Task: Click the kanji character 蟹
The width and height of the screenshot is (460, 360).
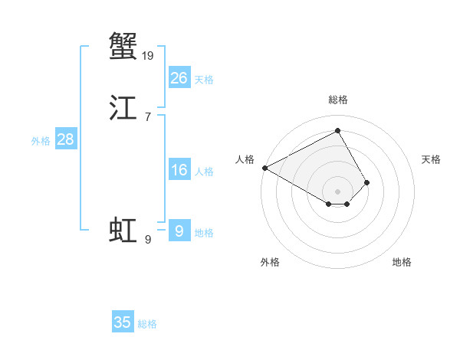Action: [123, 45]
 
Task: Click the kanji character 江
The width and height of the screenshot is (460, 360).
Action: [123, 109]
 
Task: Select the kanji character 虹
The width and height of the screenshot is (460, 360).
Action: [123, 231]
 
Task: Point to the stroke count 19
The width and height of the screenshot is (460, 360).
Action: [149, 55]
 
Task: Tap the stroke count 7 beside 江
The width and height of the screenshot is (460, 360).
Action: [148, 117]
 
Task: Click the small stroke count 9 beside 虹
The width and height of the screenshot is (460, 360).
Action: [148, 240]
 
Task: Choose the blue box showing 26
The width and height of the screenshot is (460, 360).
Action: [179, 77]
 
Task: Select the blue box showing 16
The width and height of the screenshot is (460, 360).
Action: [179, 170]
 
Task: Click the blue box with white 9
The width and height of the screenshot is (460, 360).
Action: [179, 231]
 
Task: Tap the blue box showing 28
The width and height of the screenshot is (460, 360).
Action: [65, 139]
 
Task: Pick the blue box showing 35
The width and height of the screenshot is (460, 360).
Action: [123, 322]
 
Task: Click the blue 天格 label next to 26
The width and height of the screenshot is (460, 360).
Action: [204, 79]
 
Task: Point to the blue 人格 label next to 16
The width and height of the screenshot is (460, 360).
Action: [204, 172]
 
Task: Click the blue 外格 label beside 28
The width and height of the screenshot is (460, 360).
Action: [41, 141]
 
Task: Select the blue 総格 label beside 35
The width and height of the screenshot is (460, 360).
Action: [147, 324]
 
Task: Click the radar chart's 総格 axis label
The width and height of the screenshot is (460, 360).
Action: [337, 100]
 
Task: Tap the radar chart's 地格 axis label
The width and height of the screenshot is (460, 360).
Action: [402, 262]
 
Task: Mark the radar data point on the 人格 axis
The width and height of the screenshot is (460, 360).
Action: [264, 168]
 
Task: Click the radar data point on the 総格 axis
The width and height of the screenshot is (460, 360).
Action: [337, 130]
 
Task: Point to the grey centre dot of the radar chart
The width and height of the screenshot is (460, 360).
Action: [337, 191]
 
